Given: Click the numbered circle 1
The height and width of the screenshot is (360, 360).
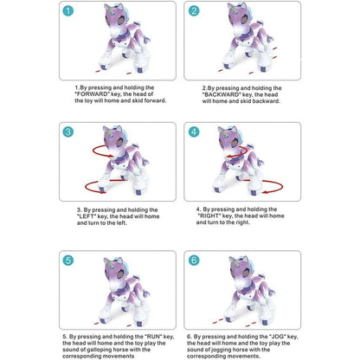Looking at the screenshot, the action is click(68, 11).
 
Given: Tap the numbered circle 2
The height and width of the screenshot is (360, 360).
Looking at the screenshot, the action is click(194, 11).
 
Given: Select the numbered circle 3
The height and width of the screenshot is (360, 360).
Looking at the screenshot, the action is click(68, 132).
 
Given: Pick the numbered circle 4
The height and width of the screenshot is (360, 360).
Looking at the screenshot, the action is click(194, 132).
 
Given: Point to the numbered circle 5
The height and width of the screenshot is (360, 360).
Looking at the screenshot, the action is click(68, 260).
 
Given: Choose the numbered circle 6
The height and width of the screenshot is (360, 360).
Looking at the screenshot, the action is click(194, 260).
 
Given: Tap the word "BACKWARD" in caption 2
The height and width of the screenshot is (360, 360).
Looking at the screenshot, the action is click(222, 94).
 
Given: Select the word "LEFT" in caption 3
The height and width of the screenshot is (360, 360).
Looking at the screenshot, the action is click(87, 216).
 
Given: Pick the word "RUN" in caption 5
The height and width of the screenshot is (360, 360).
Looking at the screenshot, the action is click(153, 337).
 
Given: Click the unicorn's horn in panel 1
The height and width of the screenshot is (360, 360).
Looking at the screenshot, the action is click(112, 11).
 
